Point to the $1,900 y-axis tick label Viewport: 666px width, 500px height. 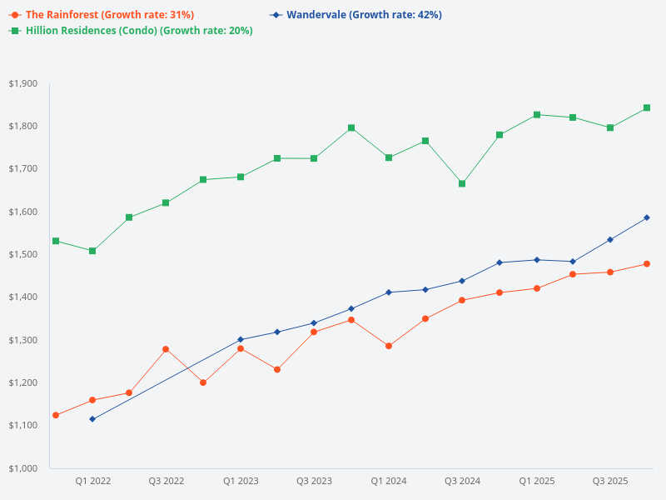[x=23, y=83]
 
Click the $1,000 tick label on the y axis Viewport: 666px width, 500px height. [x=23, y=468]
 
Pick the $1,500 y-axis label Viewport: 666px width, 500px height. [x=23, y=254]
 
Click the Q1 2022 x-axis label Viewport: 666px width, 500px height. [x=92, y=481]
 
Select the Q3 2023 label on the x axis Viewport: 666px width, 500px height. [x=314, y=481]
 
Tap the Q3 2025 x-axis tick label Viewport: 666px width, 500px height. [x=610, y=481]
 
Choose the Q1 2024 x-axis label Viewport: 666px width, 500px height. [x=388, y=481]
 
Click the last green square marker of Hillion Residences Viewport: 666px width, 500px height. [x=647, y=107]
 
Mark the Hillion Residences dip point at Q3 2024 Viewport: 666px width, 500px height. [x=462, y=183]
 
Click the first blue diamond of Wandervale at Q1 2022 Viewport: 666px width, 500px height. [x=92, y=419]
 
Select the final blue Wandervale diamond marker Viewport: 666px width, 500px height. [x=647, y=217]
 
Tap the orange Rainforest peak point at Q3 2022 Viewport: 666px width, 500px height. [x=166, y=349]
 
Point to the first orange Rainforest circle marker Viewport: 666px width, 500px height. [x=56, y=415]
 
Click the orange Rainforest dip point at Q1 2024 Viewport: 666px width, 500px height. [x=388, y=346]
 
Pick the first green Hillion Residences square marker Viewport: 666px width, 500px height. [x=56, y=241]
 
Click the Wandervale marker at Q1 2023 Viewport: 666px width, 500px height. [x=241, y=340]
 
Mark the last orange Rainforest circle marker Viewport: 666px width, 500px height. [x=647, y=264]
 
